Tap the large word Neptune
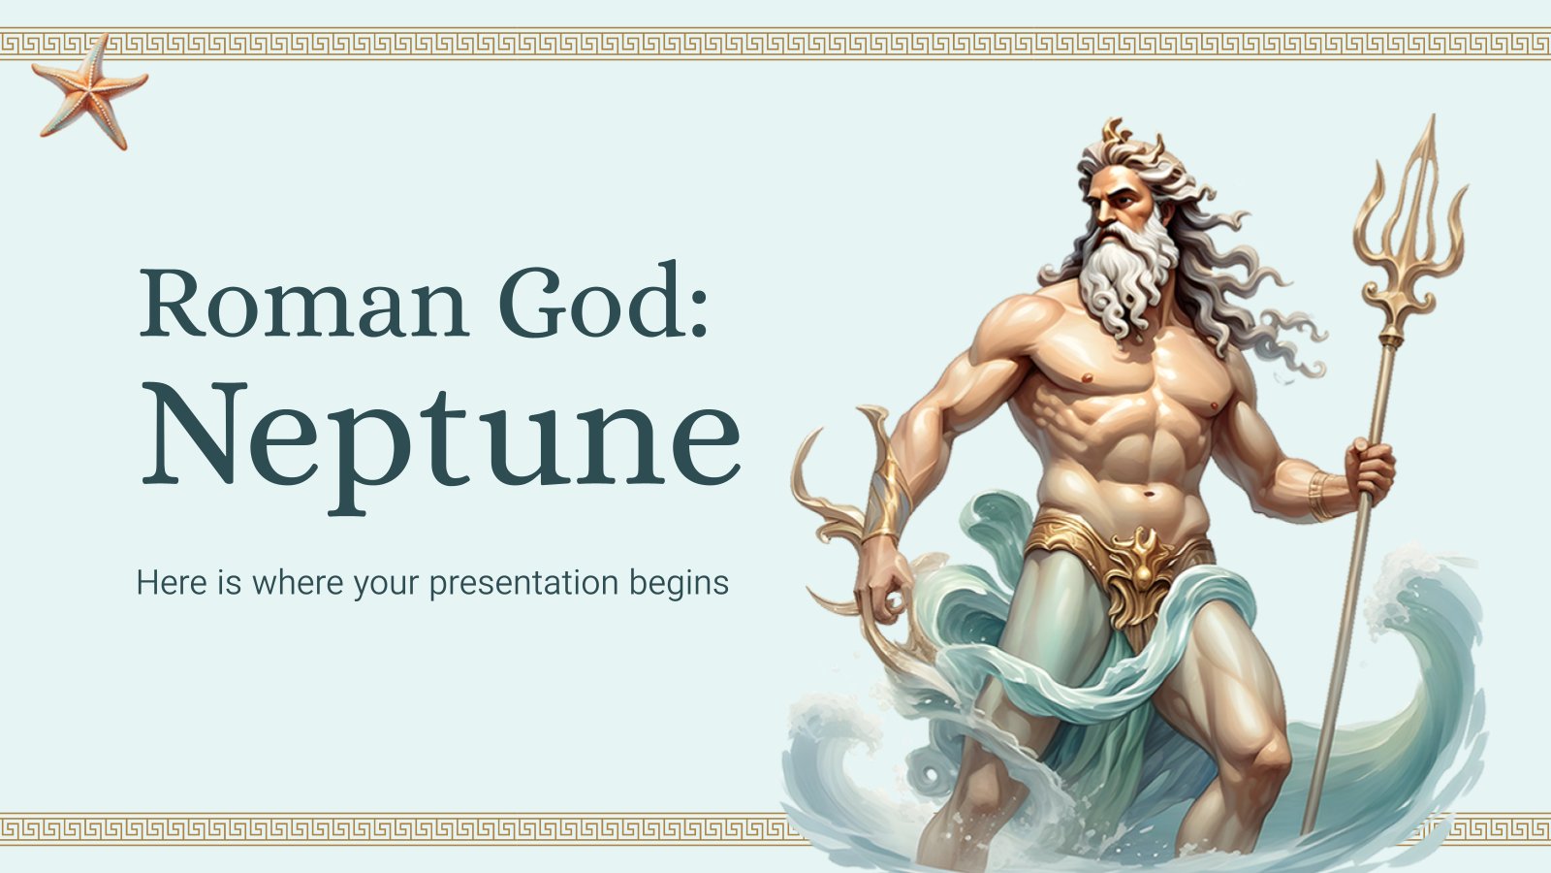point(441,434)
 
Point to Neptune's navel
point(1150,496)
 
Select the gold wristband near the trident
point(1320,494)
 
